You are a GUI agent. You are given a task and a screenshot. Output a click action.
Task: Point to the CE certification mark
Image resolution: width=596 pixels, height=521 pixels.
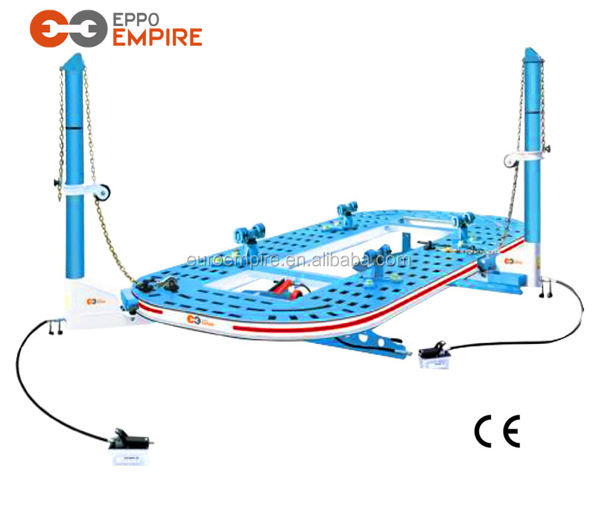[497, 432]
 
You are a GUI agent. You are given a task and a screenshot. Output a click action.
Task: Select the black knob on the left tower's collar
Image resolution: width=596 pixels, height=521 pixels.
[57, 183]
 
